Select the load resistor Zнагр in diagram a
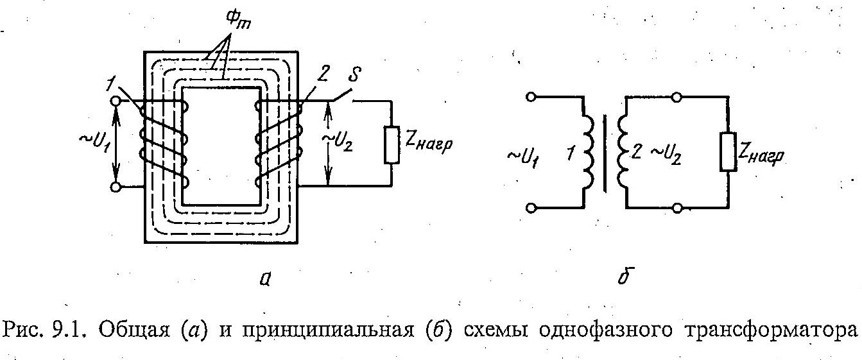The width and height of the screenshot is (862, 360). [x=392, y=144]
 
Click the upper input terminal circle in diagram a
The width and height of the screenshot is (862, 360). [x=116, y=101]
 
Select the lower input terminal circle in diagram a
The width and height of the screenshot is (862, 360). [x=116, y=187]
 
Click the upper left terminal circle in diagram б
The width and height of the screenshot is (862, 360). [x=530, y=97]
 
